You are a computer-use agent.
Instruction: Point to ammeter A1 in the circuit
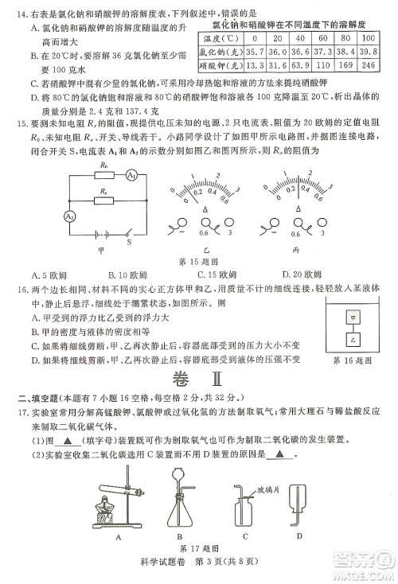click(131, 175)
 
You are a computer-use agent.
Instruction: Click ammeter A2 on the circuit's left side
click(47, 216)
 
